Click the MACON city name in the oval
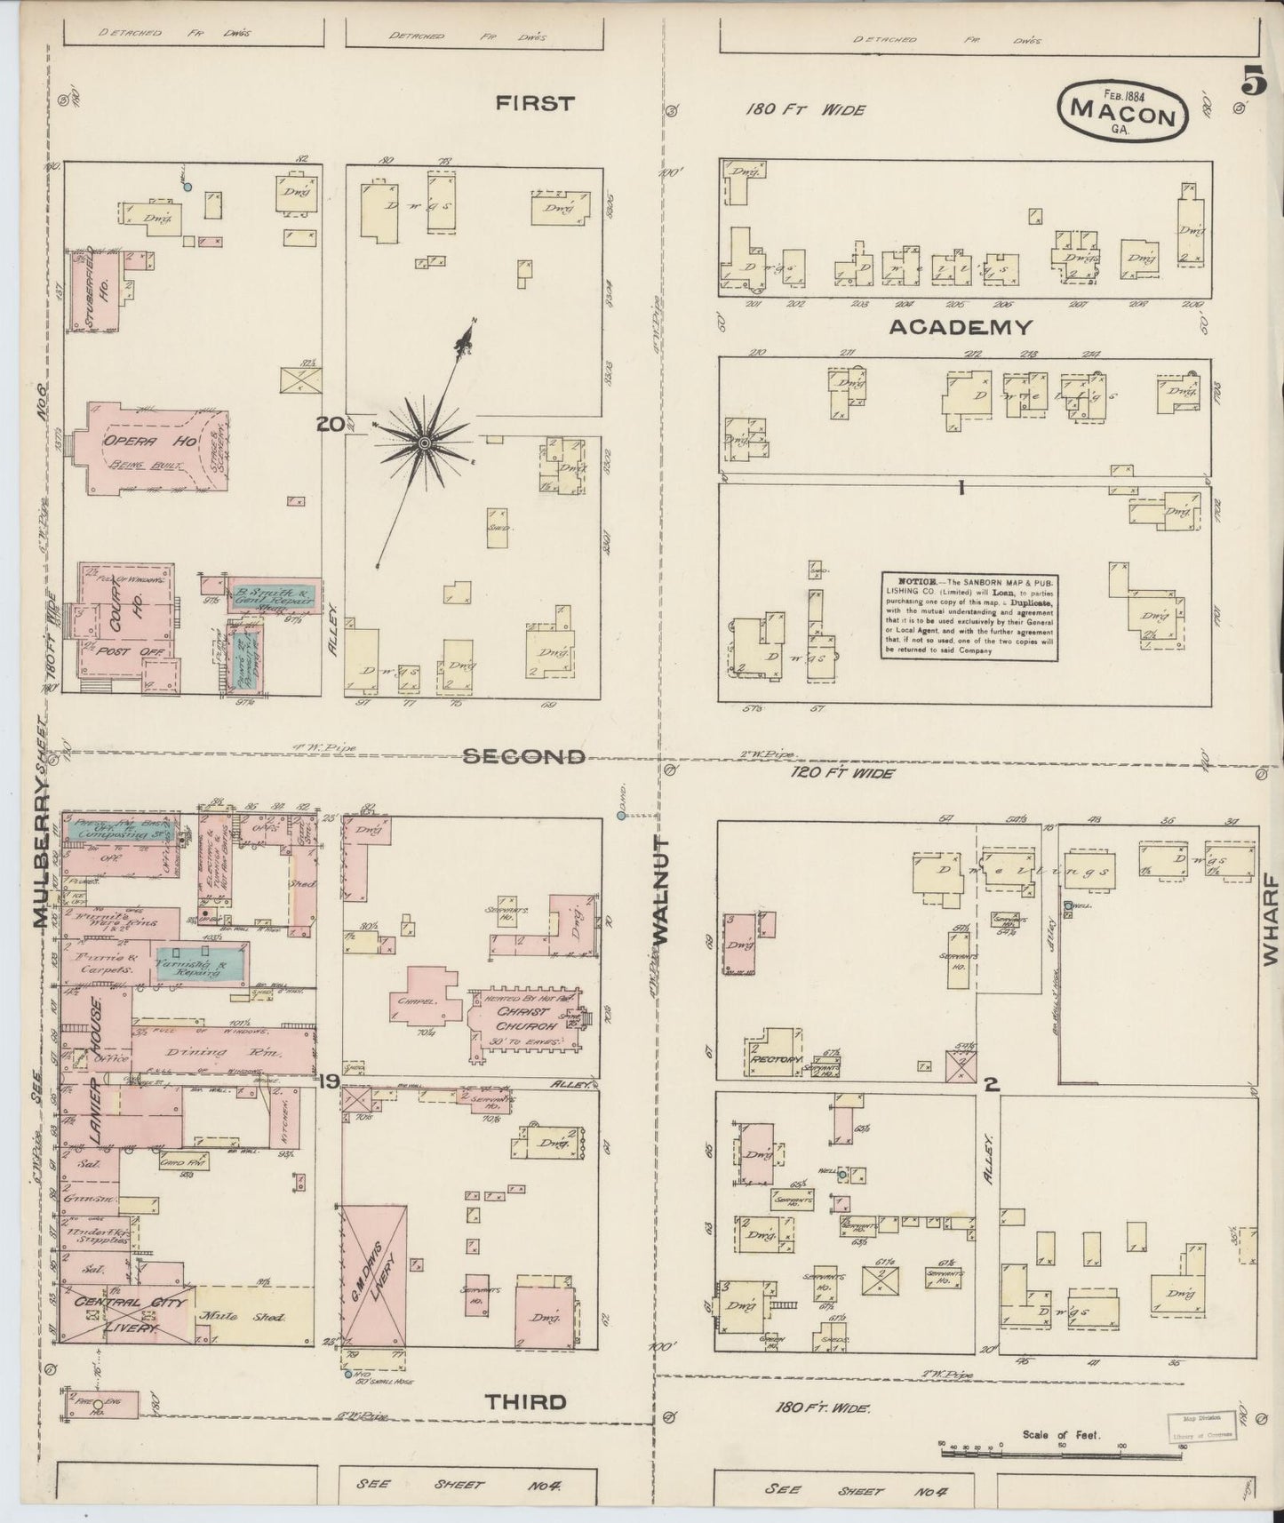click(1122, 110)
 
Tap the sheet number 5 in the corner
click(1253, 83)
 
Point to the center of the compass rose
click(424, 442)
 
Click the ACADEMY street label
click(961, 327)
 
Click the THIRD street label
click(525, 1402)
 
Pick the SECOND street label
click(524, 756)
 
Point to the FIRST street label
click(535, 104)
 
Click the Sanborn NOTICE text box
click(970, 615)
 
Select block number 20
click(330, 425)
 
